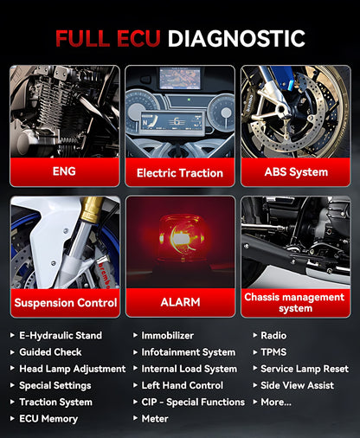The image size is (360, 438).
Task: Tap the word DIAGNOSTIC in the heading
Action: [236, 38]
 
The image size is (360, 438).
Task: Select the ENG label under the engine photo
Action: [64, 171]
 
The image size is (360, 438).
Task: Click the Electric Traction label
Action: [179, 173]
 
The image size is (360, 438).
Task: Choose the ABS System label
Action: [295, 171]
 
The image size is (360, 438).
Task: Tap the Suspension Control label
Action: [65, 303]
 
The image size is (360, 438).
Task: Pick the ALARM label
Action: [179, 303]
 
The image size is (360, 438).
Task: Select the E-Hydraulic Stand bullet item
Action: [61, 336]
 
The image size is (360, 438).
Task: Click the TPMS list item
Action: [273, 352]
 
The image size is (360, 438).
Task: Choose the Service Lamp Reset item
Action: [304, 369]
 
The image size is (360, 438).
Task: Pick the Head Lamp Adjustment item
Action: [72, 369]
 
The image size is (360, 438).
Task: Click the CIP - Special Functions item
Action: [193, 402]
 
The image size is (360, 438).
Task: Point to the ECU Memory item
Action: [48, 419]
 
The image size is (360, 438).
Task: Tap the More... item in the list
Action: [275, 402]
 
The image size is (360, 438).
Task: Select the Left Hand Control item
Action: [182, 385]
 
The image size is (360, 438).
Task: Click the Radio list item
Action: [273, 336]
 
